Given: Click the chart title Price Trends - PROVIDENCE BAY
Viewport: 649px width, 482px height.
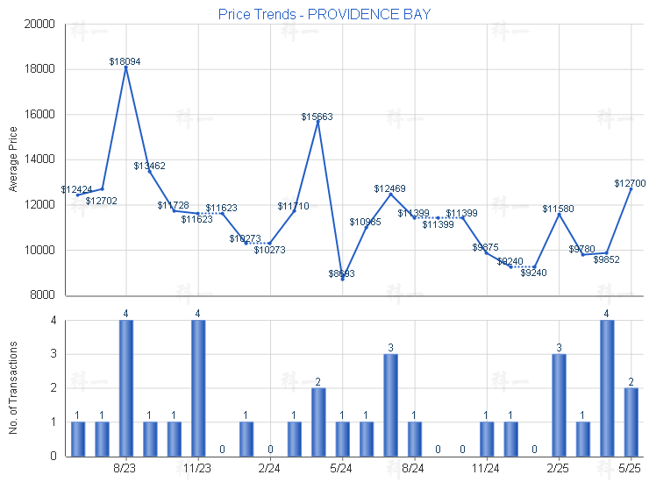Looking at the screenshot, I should [x=324, y=14].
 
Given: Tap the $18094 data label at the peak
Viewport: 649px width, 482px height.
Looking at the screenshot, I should [x=125, y=61].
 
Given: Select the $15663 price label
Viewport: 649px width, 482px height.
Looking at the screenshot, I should [x=317, y=117].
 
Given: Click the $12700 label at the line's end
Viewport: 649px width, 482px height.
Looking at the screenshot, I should [x=630, y=183].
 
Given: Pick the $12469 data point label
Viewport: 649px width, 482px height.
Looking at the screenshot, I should [x=389, y=188].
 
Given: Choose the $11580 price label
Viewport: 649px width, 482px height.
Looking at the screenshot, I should [x=558, y=209].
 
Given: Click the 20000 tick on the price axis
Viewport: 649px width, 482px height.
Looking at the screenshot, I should [x=40, y=24].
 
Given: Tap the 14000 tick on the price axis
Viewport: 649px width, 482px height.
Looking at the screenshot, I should [x=40, y=159].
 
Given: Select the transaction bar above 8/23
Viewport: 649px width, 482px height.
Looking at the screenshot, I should [x=126, y=388].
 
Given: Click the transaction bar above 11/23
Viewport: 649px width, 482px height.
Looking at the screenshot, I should [x=198, y=388].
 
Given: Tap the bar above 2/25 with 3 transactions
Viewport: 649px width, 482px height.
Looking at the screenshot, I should [x=559, y=405].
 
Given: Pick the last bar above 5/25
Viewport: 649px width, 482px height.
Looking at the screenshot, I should [x=631, y=422].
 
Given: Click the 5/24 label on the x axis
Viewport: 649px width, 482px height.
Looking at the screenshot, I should [x=342, y=469].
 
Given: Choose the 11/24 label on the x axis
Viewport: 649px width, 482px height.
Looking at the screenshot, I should [x=486, y=469].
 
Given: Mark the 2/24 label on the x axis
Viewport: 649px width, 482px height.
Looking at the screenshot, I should [x=270, y=469].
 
